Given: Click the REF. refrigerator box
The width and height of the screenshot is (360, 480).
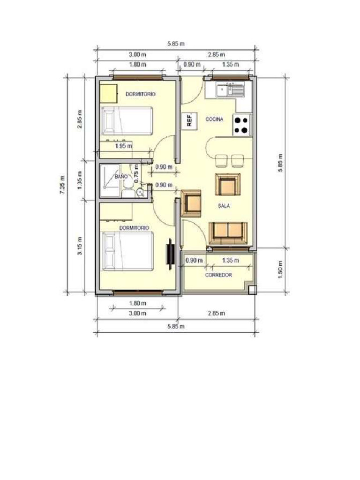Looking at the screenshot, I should [189, 121].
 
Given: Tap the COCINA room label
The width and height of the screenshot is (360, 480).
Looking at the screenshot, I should [214, 120].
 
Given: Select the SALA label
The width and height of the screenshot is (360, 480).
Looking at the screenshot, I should [223, 206].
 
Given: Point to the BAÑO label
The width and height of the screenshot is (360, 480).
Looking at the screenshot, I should [121, 177].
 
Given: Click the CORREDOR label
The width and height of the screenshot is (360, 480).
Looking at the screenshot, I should [218, 275].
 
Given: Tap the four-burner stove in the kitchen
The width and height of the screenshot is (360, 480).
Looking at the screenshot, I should [242, 125].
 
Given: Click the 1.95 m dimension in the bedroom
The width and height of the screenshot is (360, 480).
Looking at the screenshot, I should [123, 146].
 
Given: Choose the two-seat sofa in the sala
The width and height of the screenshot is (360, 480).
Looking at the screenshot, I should [227, 232].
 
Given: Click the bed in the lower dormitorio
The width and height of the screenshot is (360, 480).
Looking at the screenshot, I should [127, 252].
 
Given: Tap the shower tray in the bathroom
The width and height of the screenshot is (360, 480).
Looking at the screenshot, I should [110, 177].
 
